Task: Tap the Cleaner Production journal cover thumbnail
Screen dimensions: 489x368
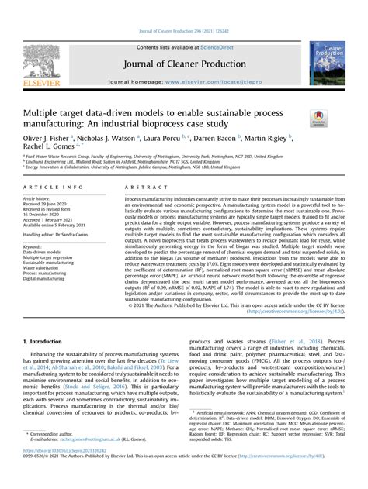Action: coord(331,63)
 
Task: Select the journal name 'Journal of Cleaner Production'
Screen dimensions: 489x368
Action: coord(183,65)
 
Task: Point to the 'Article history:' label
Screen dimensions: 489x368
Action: coord(37,200)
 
